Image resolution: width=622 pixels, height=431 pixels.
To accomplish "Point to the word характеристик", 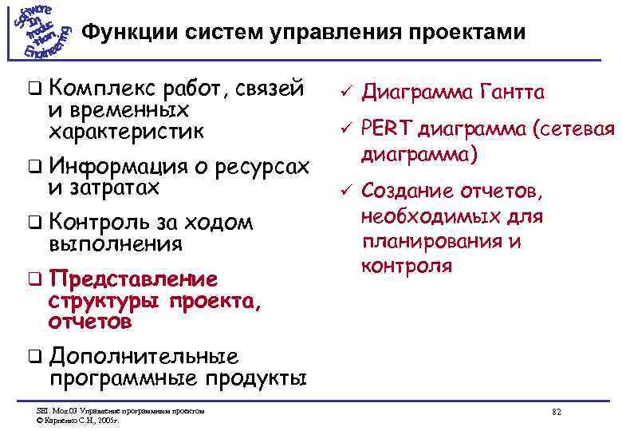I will [127, 129].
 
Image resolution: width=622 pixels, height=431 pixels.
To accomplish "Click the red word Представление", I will [133, 279].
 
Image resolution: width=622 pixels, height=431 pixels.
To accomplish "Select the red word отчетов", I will [90, 322].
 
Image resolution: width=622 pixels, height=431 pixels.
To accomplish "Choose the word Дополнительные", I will [144, 356].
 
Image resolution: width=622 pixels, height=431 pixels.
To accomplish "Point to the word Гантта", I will [512, 93].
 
